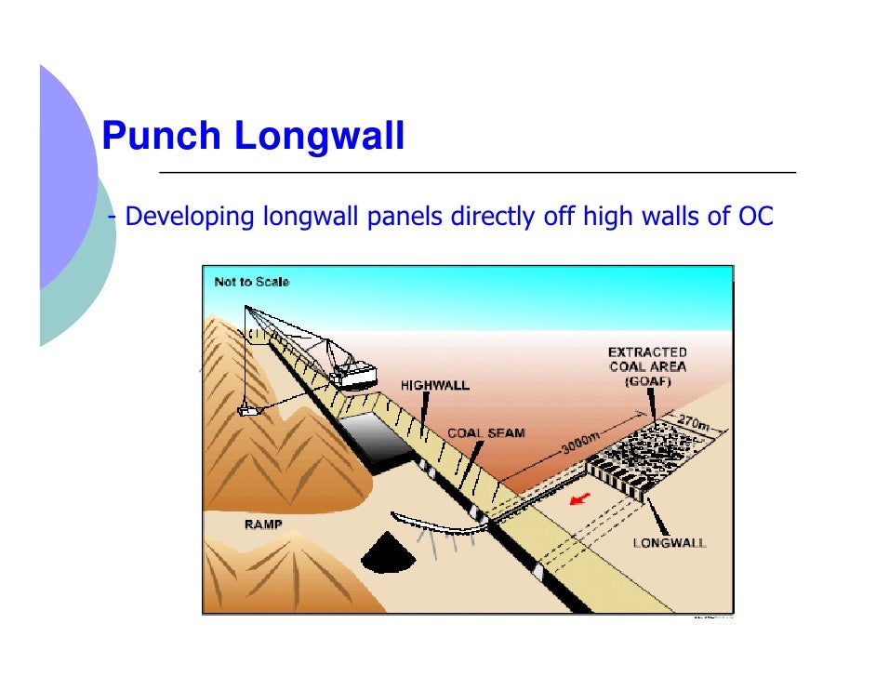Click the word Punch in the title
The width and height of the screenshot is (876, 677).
coord(160,138)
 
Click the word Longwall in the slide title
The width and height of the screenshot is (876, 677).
coord(319,138)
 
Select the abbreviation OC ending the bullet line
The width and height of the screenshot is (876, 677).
coord(756,218)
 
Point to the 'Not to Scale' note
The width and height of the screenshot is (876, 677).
coord(251,282)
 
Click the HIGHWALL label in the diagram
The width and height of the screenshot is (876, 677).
coord(434,384)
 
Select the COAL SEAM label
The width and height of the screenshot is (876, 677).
coord(486,433)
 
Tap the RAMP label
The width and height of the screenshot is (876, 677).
coord(263,524)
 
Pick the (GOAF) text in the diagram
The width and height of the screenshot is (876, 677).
coord(647,381)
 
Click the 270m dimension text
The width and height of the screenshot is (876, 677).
coord(694,421)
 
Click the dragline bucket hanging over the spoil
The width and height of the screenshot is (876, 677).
coord(248,409)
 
